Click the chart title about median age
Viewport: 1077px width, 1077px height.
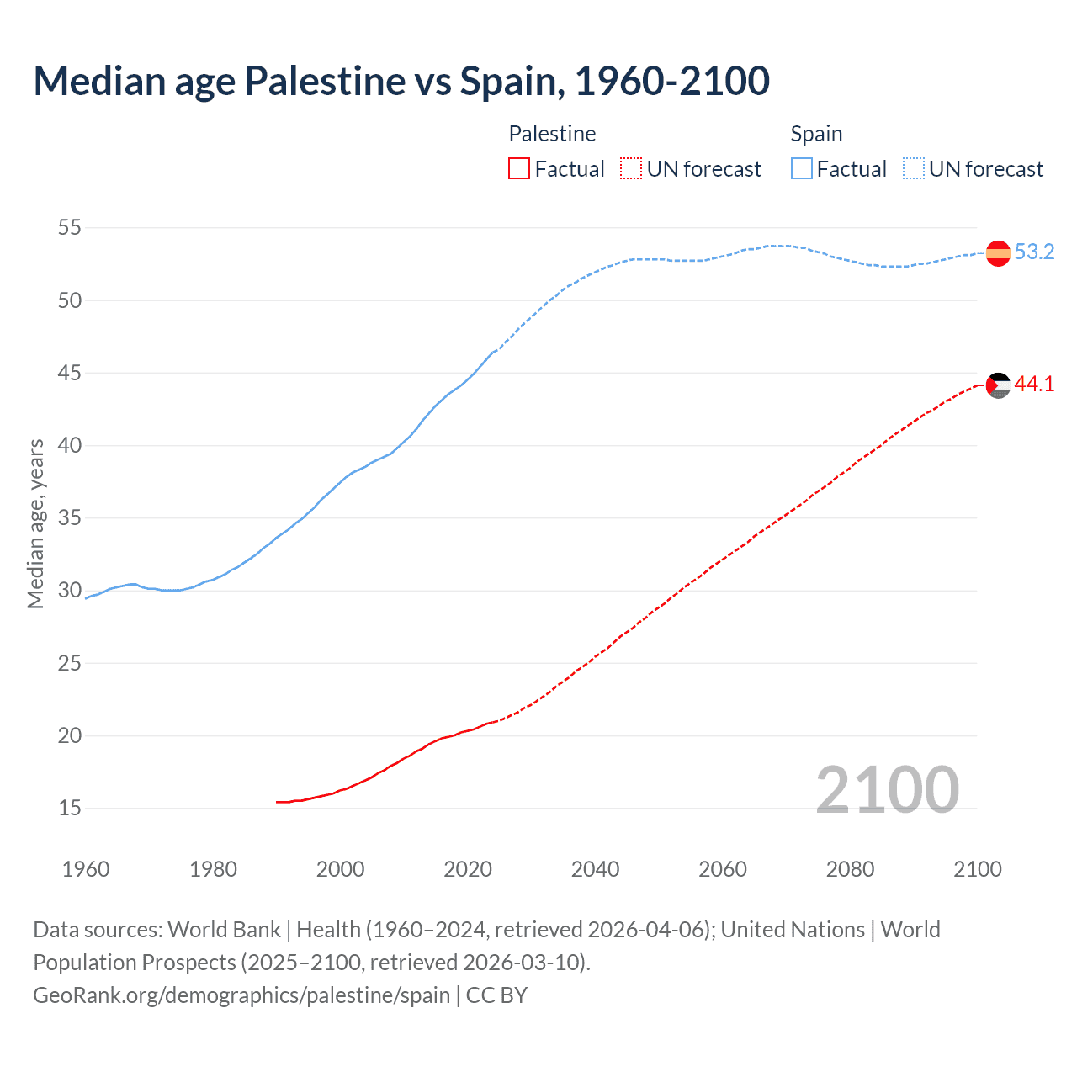401,81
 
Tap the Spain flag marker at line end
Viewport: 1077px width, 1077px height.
997,252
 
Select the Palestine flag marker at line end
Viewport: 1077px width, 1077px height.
997,385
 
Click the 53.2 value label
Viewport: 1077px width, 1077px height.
1034,252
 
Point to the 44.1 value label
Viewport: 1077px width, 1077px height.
1034,385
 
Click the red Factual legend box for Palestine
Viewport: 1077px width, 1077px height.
519,169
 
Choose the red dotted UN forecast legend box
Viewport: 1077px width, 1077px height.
631,169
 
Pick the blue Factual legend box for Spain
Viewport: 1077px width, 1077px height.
802,169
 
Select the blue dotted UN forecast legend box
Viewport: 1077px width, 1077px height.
914,169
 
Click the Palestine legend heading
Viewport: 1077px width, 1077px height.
552,134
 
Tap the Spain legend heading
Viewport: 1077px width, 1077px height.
816,134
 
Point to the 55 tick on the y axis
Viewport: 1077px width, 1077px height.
70,228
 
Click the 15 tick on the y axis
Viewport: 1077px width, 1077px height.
70,809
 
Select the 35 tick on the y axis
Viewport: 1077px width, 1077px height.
70,518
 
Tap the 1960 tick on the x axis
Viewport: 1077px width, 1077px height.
86,869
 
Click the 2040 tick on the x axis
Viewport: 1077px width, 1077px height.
595,869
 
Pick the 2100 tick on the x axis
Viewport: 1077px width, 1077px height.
977,869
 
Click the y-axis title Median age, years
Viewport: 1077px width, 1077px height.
35,523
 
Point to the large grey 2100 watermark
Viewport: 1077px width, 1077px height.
887,790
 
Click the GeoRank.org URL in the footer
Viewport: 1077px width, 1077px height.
241,995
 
